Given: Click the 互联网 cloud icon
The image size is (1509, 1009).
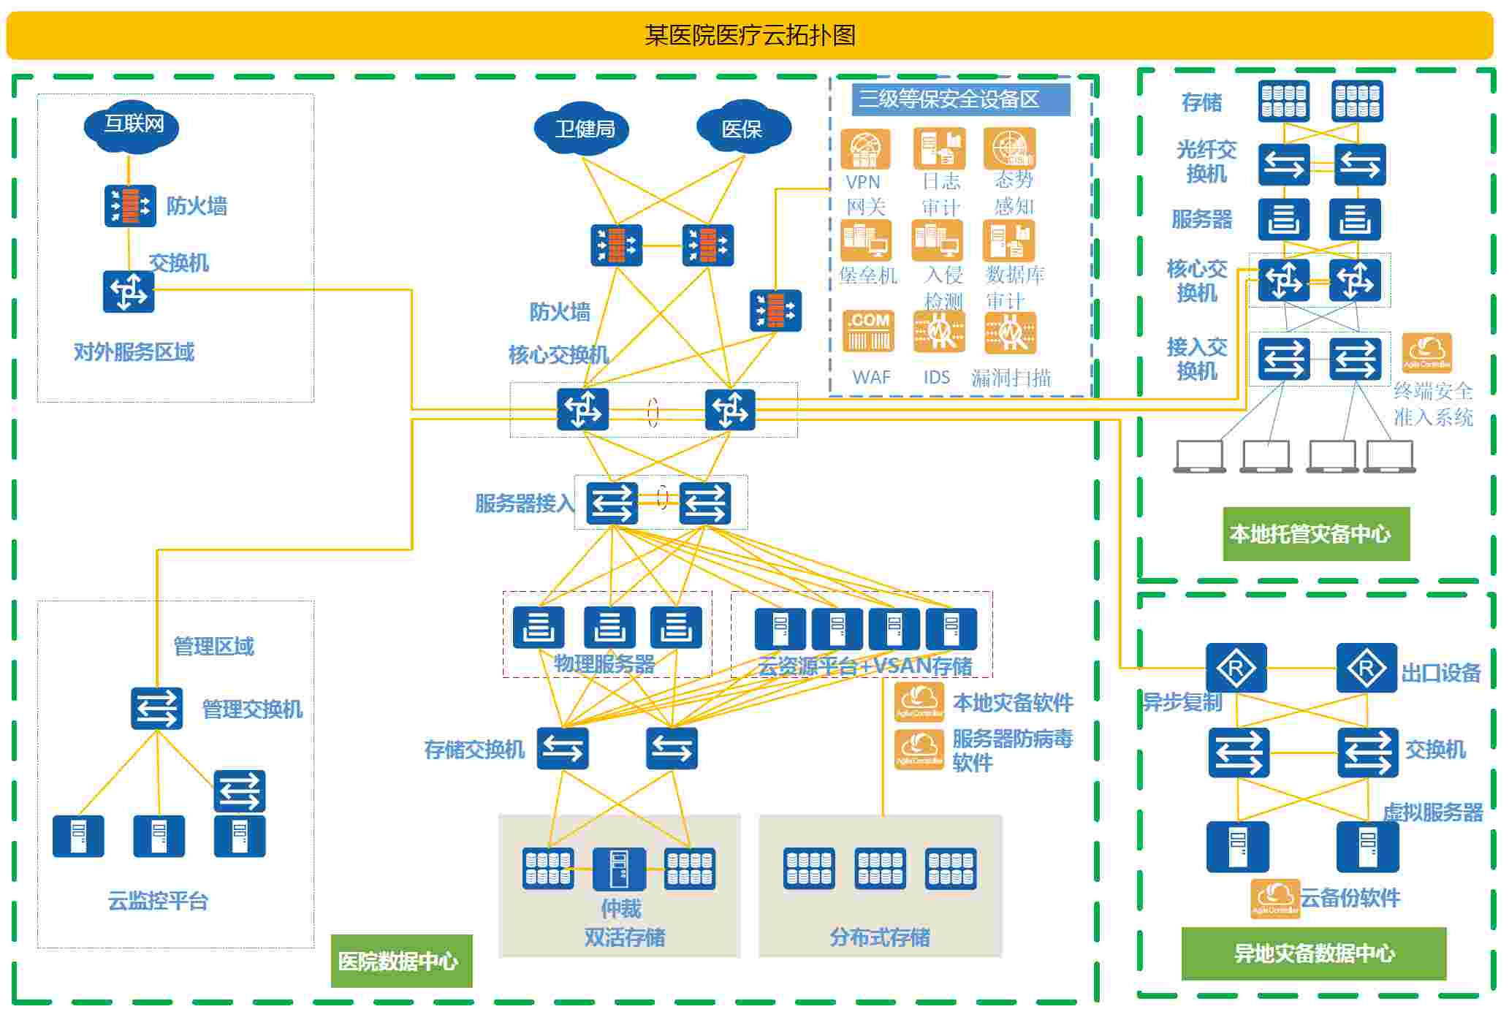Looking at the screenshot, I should (132, 125).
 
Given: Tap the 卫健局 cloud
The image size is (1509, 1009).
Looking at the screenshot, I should (582, 129).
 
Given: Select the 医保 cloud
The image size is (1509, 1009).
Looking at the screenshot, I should (742, 129).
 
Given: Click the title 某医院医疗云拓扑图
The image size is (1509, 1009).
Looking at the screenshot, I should (750, 35).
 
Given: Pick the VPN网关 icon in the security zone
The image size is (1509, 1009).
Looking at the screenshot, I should (865, 149).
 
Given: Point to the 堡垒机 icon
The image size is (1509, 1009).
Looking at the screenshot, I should (866, 240).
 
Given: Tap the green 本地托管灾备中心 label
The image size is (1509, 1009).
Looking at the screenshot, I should (1315, 534).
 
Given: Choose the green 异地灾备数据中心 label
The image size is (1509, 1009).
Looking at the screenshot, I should (1313, 953).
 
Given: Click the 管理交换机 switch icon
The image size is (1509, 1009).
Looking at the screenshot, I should (156, 708).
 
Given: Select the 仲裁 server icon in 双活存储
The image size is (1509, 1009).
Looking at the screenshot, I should (619, 869).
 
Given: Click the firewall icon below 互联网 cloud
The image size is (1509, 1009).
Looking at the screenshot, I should (130, 206).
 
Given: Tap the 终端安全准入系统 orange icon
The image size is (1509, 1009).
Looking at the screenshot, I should (1426, 353).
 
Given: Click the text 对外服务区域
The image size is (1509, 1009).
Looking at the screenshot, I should (134, 352).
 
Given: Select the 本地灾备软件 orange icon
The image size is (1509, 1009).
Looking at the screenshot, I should (919, 701).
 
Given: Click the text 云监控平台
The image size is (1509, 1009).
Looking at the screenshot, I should (158, 901).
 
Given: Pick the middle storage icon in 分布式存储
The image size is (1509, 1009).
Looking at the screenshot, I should (880, 868).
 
